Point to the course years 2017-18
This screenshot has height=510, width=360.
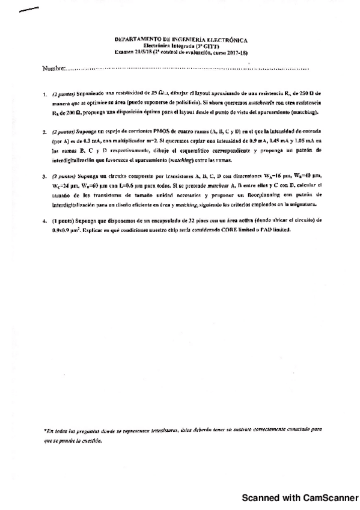(234, 52)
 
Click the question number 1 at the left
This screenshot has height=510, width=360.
(44, 94)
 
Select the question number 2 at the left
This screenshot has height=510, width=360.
(44, 131)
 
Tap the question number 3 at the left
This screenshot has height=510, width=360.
(44, 177)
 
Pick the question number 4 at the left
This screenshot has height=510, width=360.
(44, 221)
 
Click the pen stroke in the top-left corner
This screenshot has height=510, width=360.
(29, 11)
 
